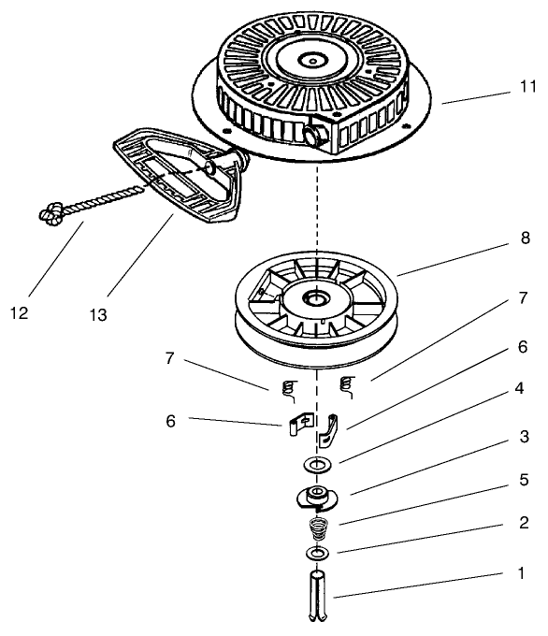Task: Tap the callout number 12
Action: click(20, 312)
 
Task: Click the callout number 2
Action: click(524, 524)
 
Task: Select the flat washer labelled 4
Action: click(318, 464)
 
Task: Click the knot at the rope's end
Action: click(50, 215)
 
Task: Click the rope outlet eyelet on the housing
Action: click(312, 136)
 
